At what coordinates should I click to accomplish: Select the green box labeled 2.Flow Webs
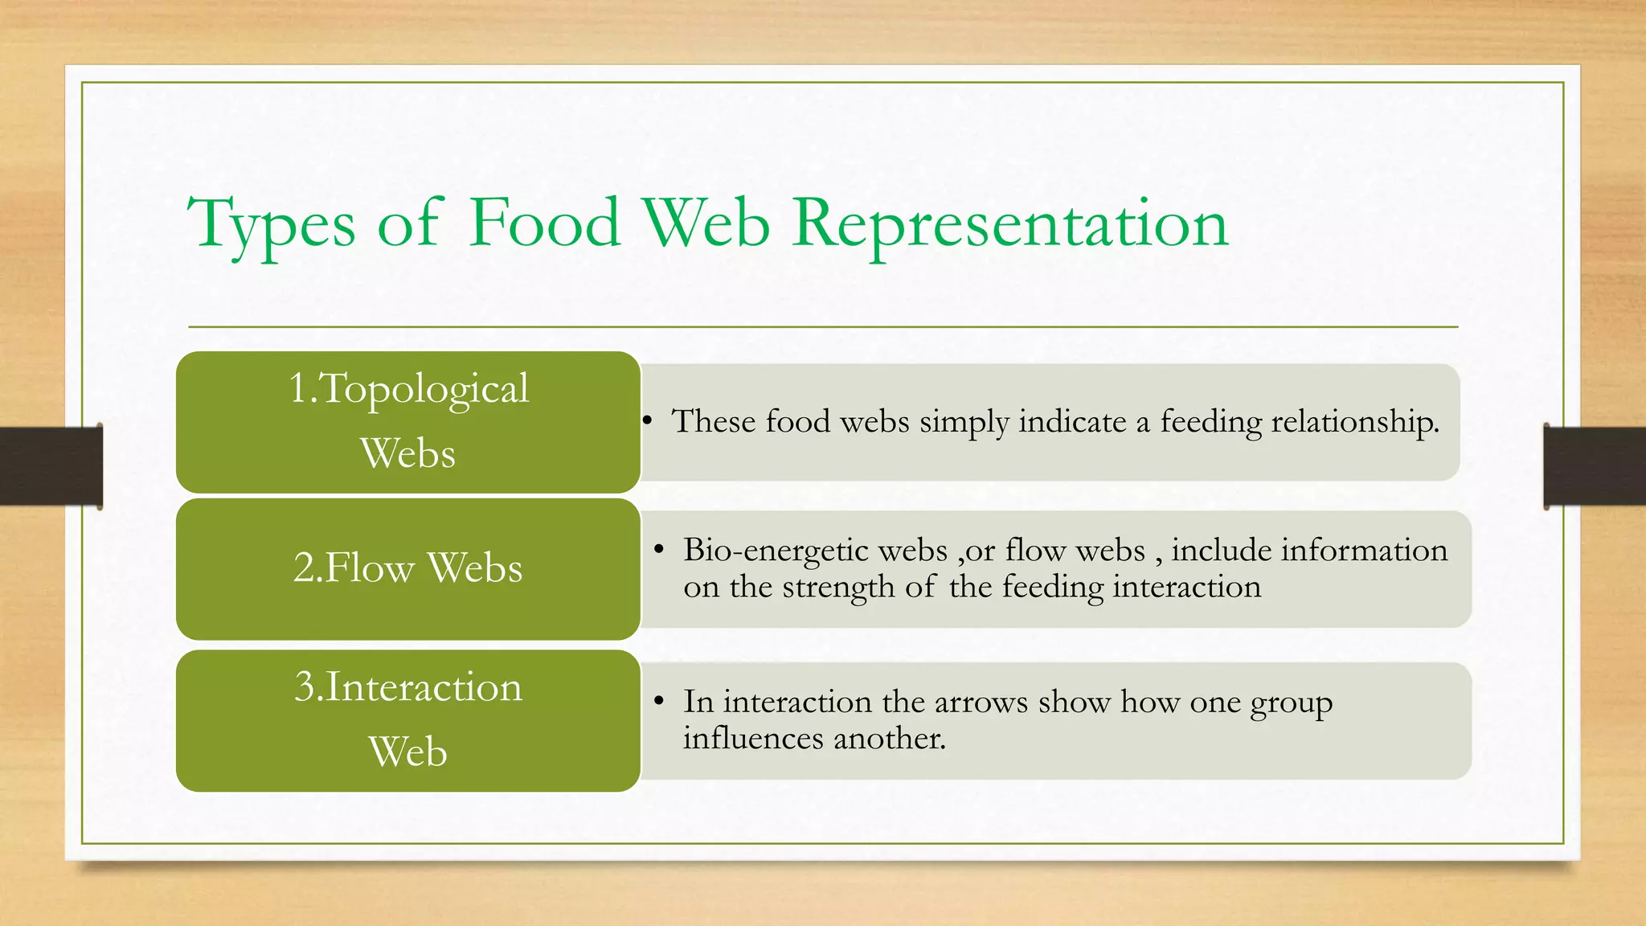click(x=407, y=568)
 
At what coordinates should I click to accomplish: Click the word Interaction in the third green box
click(x=424, y=687)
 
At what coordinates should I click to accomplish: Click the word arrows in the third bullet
click(x=981, y=702)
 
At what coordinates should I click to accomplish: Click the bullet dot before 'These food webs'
click(x=647, y=421)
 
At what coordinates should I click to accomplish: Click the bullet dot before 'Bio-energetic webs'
click(x=658, y=550)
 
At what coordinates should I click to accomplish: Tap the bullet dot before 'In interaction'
click(x=658, y=702)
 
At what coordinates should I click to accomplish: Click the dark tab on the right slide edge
click(x=1595, y=466)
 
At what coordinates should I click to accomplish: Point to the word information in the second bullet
click(x=1364, y=551)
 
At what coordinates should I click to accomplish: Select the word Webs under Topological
click(x=407, y=453)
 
